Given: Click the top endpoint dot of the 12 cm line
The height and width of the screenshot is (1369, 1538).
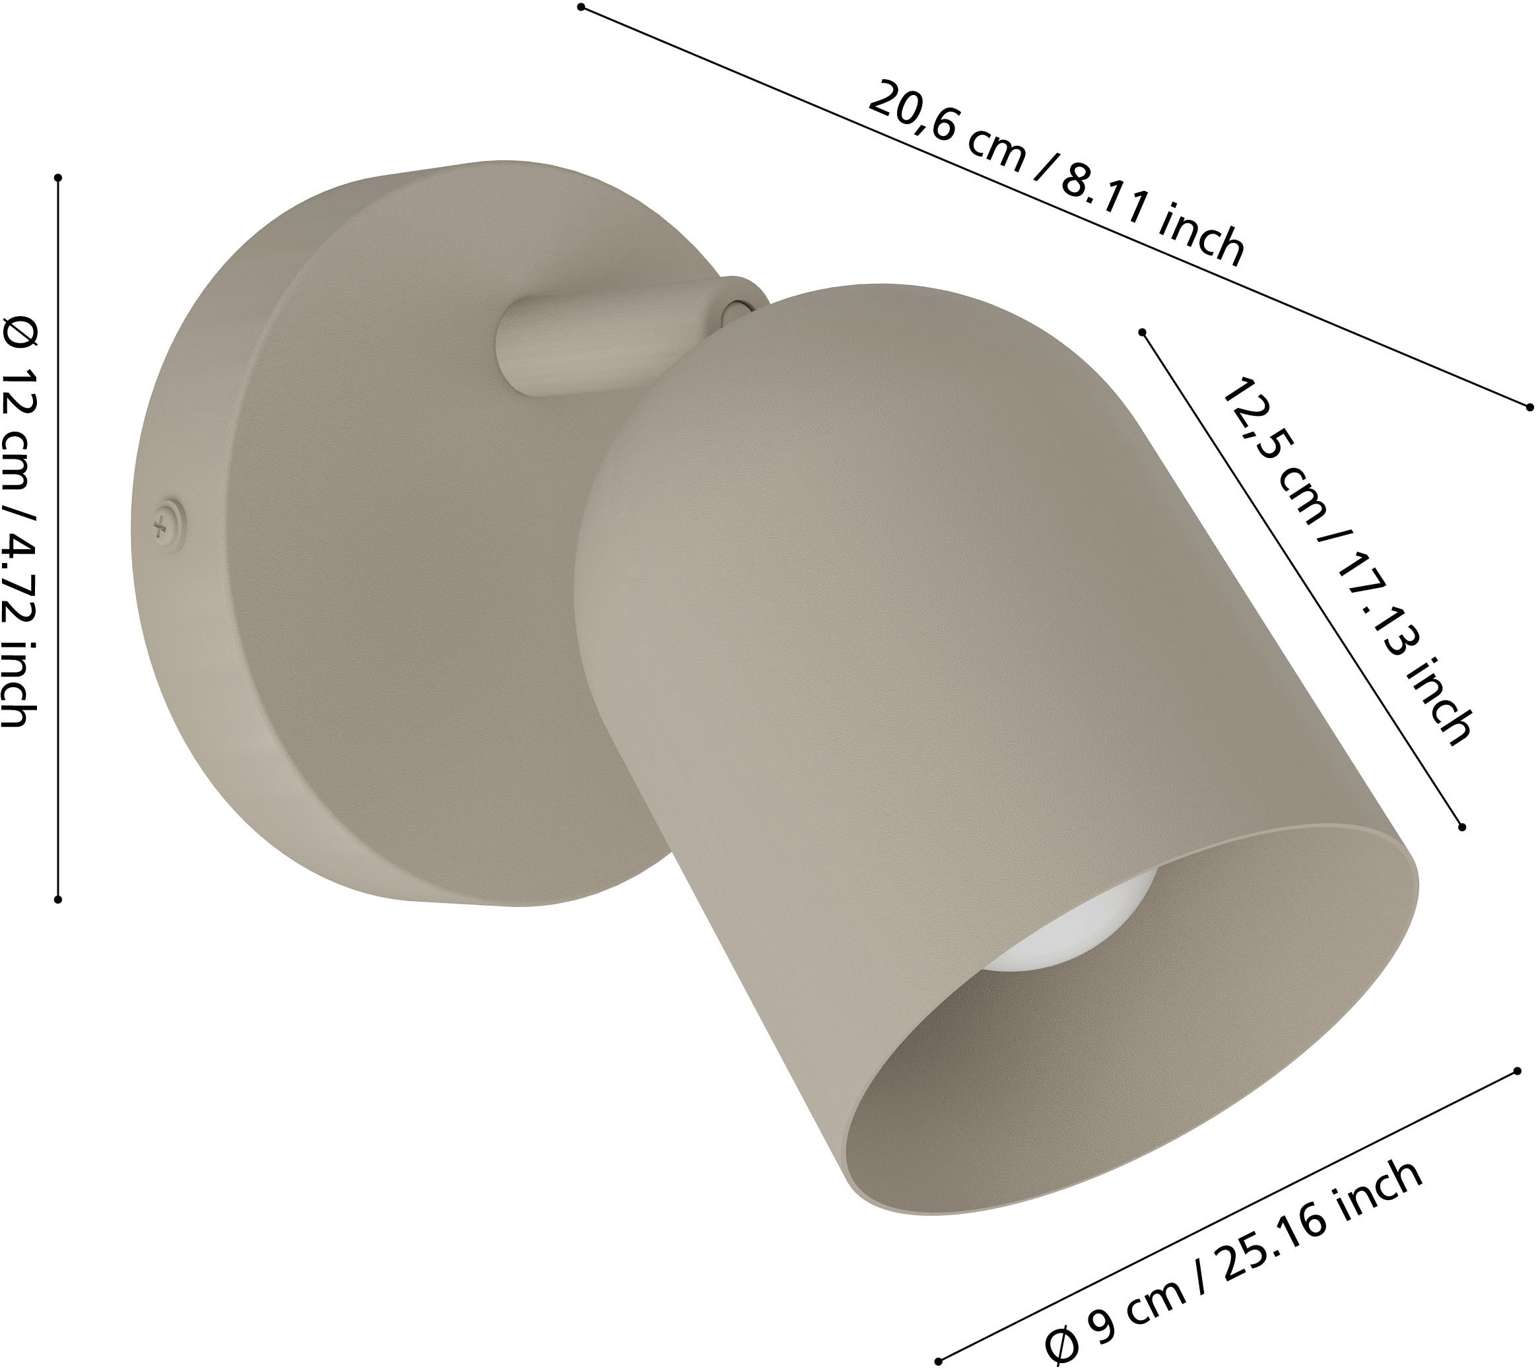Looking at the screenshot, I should click(58, 178).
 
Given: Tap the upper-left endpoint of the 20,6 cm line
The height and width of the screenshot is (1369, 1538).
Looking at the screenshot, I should click(581, 7).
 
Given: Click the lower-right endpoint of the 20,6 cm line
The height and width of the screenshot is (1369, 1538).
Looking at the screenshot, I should click(1529, 407).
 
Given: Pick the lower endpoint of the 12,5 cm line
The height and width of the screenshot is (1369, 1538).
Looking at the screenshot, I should click(1462, 827).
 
